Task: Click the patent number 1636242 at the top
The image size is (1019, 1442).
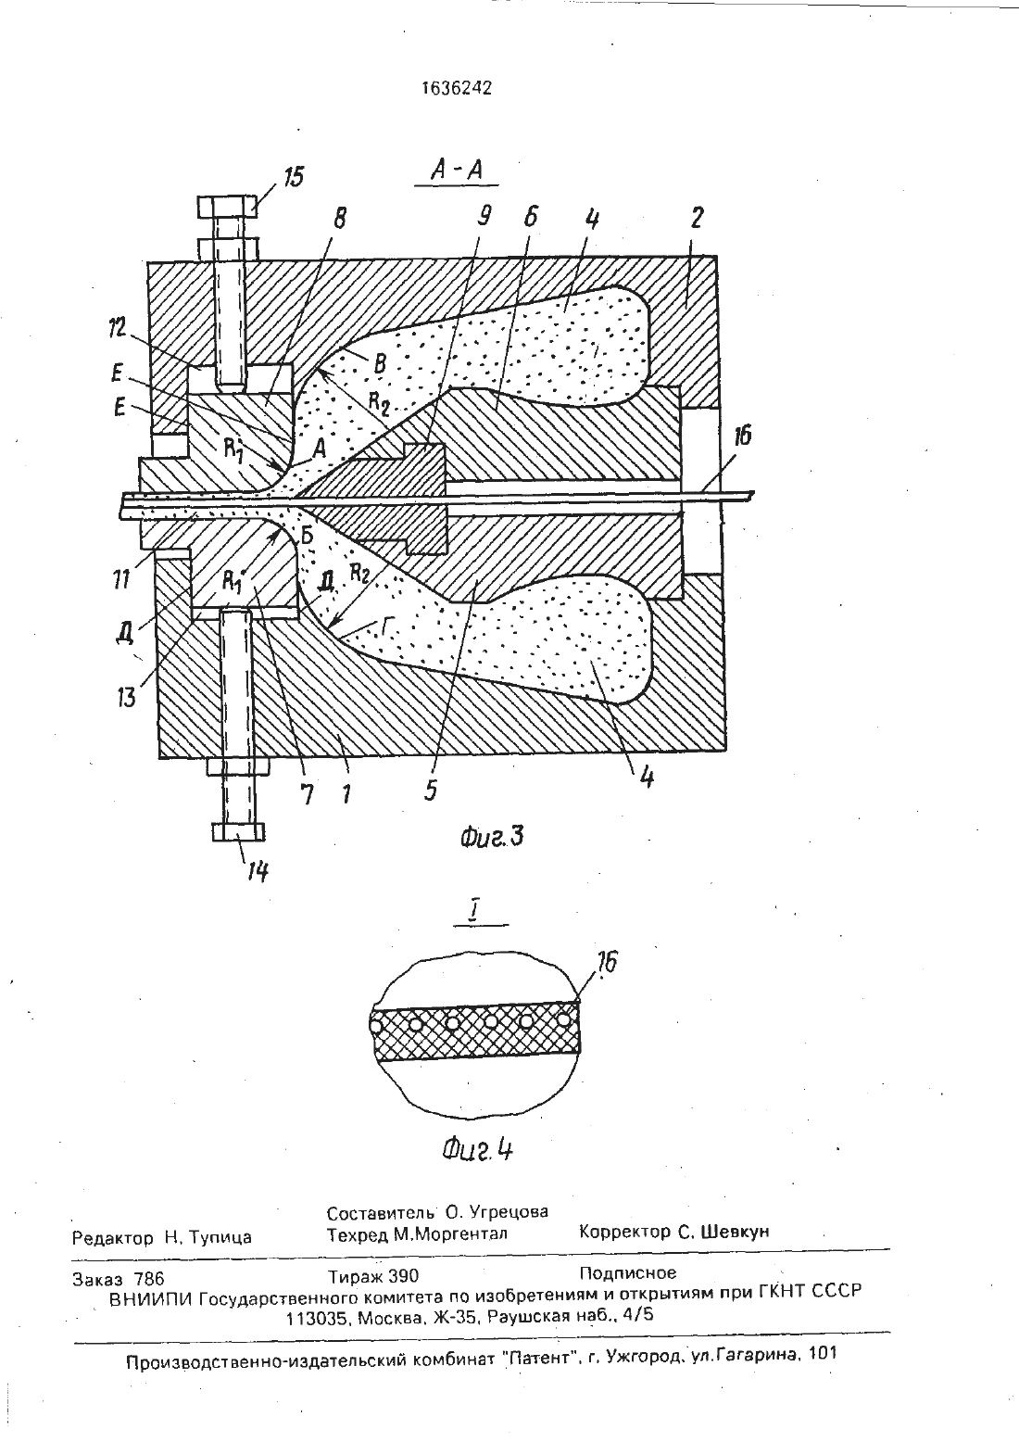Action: point(456,88)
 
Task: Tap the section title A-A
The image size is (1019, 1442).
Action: point(457,170)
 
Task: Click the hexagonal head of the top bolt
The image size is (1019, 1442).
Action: point(228,207)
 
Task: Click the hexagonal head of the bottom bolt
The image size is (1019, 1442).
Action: point(237,831)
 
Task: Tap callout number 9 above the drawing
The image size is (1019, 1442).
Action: point(484,216)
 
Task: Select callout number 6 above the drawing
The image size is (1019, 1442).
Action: point(530,217)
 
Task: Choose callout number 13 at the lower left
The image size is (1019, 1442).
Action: point(127,696)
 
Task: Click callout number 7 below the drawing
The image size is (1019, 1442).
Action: point(308,796)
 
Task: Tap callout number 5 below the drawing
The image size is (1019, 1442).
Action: point(431,790)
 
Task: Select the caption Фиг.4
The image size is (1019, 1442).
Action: point(477,1150)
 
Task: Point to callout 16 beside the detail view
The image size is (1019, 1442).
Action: point(607,962)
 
